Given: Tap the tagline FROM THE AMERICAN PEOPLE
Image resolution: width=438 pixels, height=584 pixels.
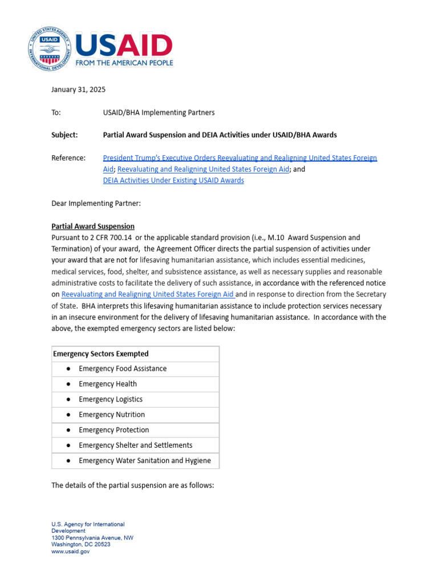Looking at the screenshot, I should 124,63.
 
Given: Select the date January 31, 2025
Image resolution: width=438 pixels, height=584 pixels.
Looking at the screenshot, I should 78,90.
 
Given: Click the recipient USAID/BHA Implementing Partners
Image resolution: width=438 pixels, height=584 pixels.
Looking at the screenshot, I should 159,112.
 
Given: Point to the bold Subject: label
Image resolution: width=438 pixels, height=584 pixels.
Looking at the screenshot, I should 64,135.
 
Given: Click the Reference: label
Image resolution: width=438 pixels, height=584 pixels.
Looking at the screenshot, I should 68,158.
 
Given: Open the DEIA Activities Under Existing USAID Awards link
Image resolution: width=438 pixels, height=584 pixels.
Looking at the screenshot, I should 173,180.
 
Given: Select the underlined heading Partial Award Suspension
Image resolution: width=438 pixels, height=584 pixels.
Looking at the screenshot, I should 93,226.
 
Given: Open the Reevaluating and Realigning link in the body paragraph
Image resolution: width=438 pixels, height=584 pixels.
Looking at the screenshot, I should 148,294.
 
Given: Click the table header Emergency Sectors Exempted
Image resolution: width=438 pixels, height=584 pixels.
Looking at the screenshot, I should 100,354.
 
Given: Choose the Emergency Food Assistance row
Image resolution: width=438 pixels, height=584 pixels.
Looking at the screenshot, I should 123,368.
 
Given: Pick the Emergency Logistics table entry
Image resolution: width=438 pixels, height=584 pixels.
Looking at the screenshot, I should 111,399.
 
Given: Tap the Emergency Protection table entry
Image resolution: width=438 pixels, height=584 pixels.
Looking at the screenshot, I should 113,430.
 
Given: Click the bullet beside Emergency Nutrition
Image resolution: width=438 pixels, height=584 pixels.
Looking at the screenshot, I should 68,415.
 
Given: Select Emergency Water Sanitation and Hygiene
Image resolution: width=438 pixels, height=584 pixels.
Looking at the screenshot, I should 144,461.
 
